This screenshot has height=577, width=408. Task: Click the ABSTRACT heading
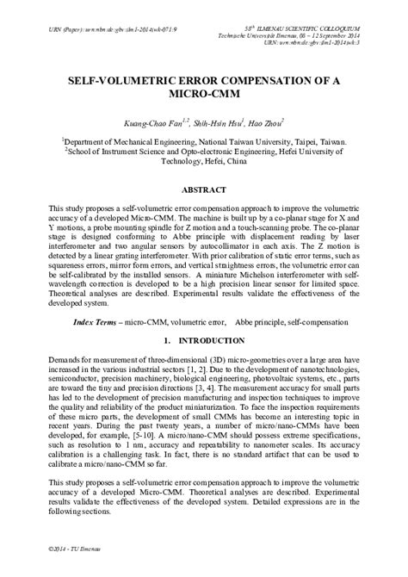pyautogui.click(x=203, y=189)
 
